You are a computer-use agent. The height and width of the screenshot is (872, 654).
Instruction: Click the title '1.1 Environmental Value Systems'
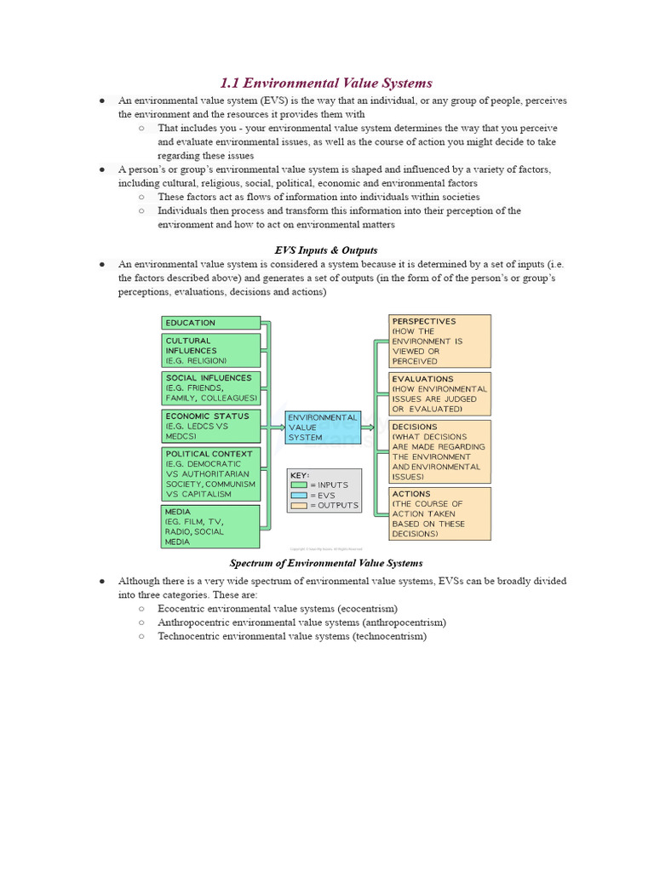[326, 83]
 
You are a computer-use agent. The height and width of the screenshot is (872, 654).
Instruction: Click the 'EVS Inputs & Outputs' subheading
[326, 250]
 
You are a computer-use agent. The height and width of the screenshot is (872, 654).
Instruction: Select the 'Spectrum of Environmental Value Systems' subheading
[326, 563]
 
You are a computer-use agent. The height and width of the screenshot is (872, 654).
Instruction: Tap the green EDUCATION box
[210, 323]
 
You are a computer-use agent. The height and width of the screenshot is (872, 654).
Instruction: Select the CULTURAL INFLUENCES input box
[210, 350]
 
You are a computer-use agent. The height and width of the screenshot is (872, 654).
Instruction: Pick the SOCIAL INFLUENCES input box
[210, 387]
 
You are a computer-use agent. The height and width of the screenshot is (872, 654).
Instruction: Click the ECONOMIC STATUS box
[210, 426]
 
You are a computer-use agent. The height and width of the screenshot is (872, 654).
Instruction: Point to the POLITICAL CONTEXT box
[210, 474]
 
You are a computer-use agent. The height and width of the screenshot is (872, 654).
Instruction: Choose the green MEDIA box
[210, 526]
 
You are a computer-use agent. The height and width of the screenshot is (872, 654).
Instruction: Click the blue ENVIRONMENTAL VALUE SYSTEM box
[324, 428]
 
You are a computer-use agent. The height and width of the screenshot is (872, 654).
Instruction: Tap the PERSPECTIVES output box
[439, 341]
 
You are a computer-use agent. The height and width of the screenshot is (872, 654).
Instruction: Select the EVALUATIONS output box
[439, 393]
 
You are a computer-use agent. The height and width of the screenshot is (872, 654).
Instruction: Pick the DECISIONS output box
[439, 451]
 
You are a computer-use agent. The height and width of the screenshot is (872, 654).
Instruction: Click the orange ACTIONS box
[439, 513]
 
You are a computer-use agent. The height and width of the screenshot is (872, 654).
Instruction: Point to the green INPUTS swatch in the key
[299, 485]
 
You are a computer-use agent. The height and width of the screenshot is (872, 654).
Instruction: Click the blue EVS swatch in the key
[299, 495]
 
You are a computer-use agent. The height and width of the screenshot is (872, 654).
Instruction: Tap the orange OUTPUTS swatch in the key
[299, 505]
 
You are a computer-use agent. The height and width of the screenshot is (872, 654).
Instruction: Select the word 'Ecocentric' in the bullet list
[182, 608]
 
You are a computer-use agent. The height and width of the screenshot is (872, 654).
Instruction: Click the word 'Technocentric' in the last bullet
[188, 636]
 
